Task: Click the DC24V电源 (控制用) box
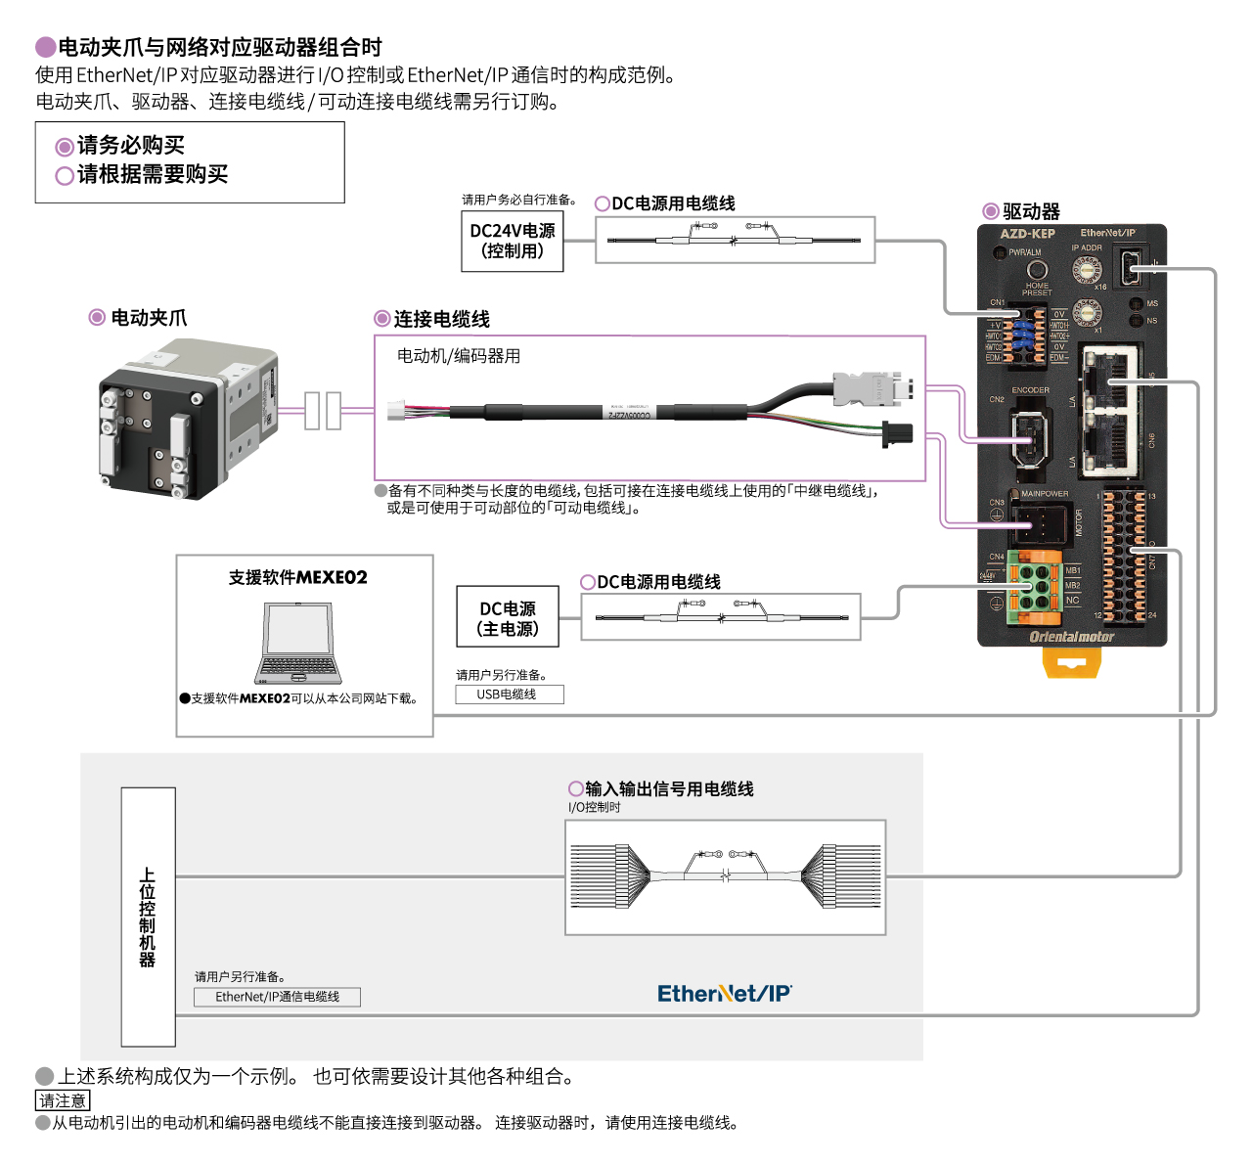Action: click(x=513, y=241)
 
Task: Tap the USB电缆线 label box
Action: click(x=509, y=695)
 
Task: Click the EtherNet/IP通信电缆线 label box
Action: click(x=277, y=997)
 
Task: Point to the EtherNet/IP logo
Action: click(x=724, y=994)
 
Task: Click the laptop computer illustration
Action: click(x=298, y=644)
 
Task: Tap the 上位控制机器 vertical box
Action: click(x=148, y=917)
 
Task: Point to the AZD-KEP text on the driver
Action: click(x=1027, y=234)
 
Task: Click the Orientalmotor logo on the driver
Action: click(x=1071, y=637)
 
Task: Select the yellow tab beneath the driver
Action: click(x=1071, y=662)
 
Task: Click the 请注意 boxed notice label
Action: click(x=63, y=1100)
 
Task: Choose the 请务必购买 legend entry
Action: click(x=120, y=146)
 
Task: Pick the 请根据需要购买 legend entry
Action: click(x=142, y=175)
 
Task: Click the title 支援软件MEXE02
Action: click(x=298, y=578)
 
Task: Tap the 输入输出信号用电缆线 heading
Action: click(x=668, y=788)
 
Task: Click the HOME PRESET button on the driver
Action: click(x=1037, y=270)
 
